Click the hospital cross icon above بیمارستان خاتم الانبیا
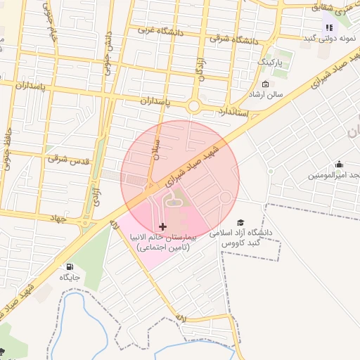coord(164,226)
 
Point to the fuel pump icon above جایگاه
coord(70,266)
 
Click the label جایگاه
coord(70,278)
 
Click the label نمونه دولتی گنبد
coord(330,37)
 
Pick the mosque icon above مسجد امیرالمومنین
coord(340,163)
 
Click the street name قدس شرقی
coord(69,160)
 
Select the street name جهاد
coord(56,219)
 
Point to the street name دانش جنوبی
coord(109,42)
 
